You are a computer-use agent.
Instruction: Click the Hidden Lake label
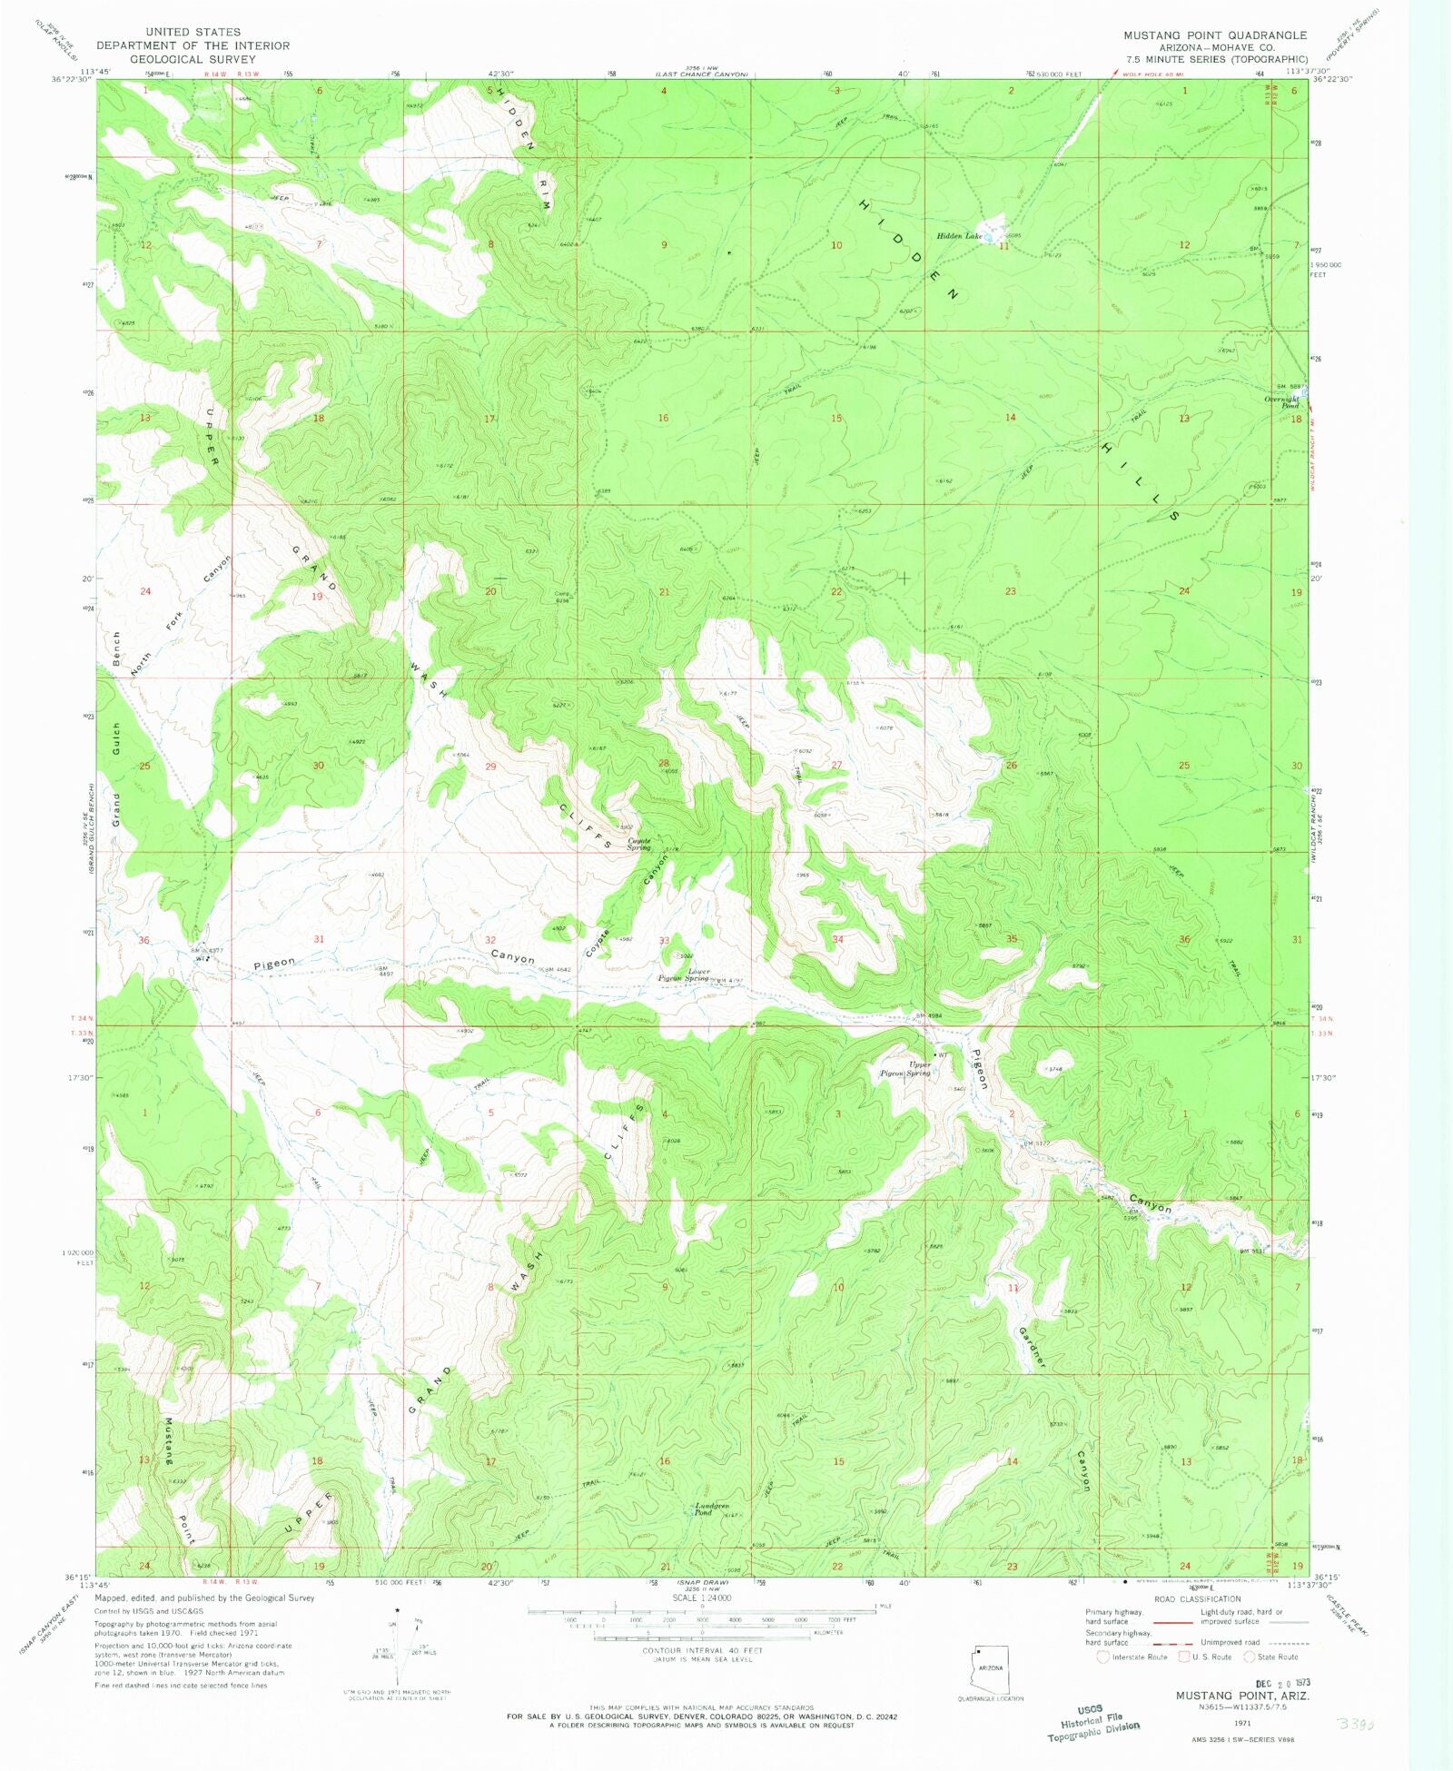[959, 236]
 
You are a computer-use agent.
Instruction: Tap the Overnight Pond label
[1282, 402]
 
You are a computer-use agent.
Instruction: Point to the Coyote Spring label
[639, 845]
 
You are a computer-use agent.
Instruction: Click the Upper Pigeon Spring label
[905, 1069]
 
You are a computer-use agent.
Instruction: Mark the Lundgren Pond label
[711, 1509]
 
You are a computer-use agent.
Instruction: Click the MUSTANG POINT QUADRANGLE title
[1215, 35]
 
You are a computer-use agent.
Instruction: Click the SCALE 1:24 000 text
[702, 1598]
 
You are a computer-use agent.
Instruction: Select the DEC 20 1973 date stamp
[1283, 1683]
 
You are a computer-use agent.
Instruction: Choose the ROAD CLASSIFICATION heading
[1197, 1599]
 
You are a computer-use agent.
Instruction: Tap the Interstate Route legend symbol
[1102, 1657]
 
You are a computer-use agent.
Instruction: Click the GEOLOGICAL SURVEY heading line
[193, 59]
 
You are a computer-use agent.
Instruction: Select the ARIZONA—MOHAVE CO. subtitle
[1217, 47]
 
